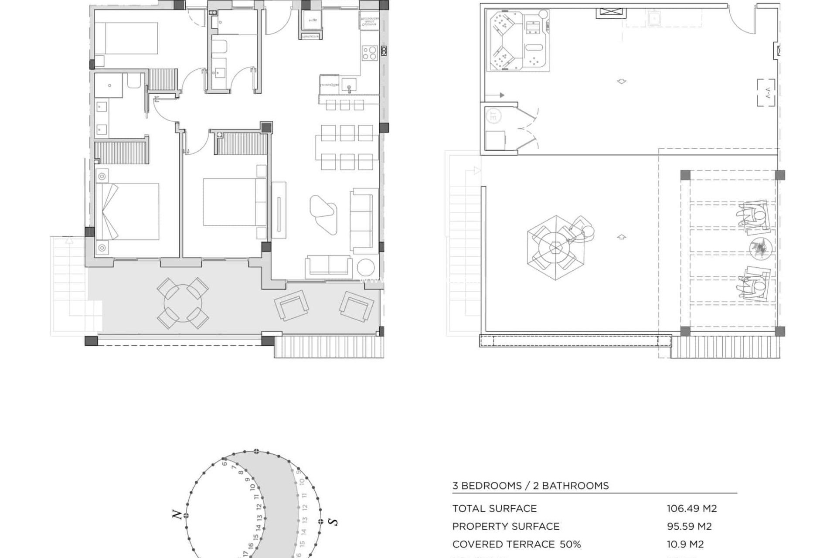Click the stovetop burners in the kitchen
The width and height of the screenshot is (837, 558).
(x=369, y=53)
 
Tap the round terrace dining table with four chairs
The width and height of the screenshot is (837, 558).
(x=183, y=303)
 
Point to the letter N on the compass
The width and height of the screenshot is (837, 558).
(x=177, y=515)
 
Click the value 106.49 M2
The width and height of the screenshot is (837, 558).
(x=691, y=508)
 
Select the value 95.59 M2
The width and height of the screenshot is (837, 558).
(x=689, y=526)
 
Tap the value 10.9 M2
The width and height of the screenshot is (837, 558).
(x=685, y=544)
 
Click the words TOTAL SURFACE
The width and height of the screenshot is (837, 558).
(x=494, y=508)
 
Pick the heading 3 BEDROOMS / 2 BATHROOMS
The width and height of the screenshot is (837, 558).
(x=530, y=486)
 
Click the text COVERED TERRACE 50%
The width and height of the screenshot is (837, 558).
(x=516, y=544)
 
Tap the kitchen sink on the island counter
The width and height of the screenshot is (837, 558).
(x=349, y=85)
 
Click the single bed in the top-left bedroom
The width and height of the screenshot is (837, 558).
(x=126, y=38)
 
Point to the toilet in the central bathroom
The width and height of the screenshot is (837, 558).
(x=219, y=47)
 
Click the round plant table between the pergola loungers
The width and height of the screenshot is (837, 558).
(x=760, y=248)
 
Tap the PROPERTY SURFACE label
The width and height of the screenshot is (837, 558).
(x=506, y=526)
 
